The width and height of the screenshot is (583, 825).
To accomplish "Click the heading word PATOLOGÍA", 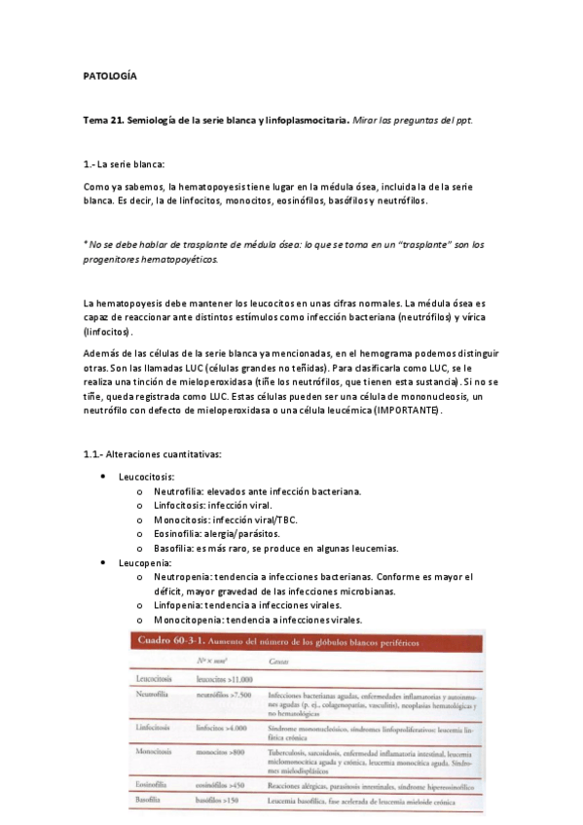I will [x=109, y=75].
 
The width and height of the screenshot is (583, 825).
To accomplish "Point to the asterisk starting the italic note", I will [x=86, y=244].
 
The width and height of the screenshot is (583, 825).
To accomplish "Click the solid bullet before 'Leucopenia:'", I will [x=105, y=562].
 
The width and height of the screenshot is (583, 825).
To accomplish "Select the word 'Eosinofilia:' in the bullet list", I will [x=178, y=534].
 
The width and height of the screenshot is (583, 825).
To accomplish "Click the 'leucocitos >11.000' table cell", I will [x=224, y=679].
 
